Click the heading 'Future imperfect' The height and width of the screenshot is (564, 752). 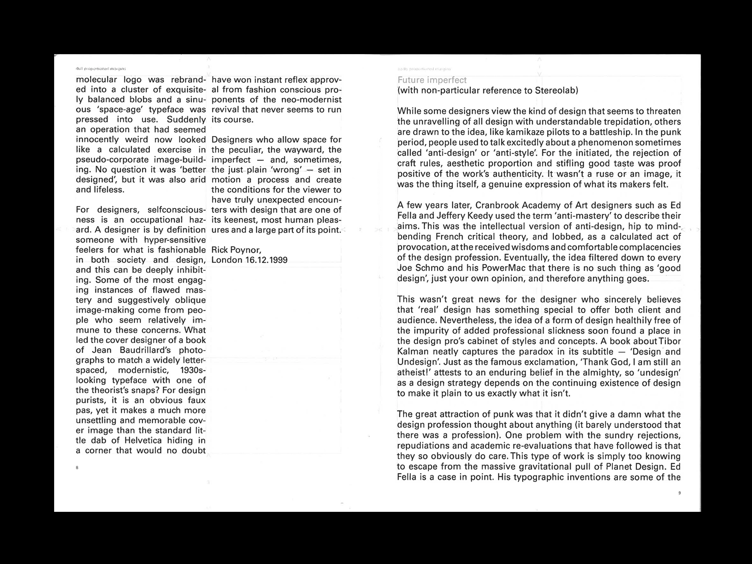[432, 80]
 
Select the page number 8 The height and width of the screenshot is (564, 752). [77, 467]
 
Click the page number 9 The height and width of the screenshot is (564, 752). [680, 493]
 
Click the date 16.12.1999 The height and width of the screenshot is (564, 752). [266, 260]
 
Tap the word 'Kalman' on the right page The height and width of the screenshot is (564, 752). [413, 351]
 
